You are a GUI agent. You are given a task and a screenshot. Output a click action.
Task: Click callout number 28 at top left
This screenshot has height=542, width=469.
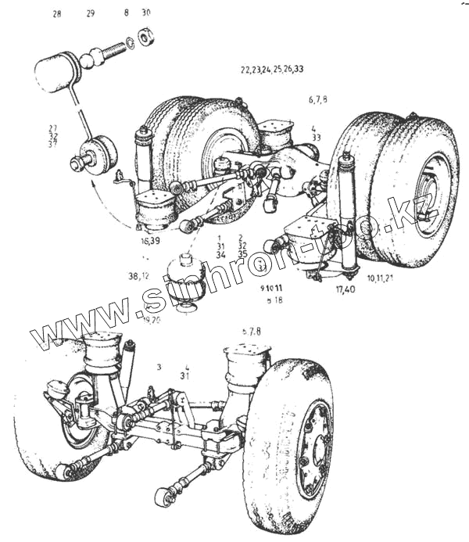click(x=56, y=14)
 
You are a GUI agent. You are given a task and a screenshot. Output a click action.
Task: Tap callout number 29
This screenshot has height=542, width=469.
click(x=90, y=14)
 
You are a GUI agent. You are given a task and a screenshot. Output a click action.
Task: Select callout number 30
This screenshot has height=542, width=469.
click(x=146, y=13)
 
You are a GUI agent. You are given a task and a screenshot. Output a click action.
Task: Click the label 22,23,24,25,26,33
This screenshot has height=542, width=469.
click(x=272, y=69)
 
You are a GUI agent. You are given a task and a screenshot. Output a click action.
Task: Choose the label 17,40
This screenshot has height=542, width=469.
click(x=345, y=290)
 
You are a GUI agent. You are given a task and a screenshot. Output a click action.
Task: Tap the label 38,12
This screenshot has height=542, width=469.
click(x=139, y=276)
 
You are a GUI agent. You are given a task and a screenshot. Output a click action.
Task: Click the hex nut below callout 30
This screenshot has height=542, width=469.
click(x=145, y=37)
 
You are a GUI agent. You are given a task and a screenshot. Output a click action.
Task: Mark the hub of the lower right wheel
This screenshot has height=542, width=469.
click(x=315, y=450)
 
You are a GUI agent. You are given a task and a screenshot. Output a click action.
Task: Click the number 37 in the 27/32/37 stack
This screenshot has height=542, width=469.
click(x=53, y=144)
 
